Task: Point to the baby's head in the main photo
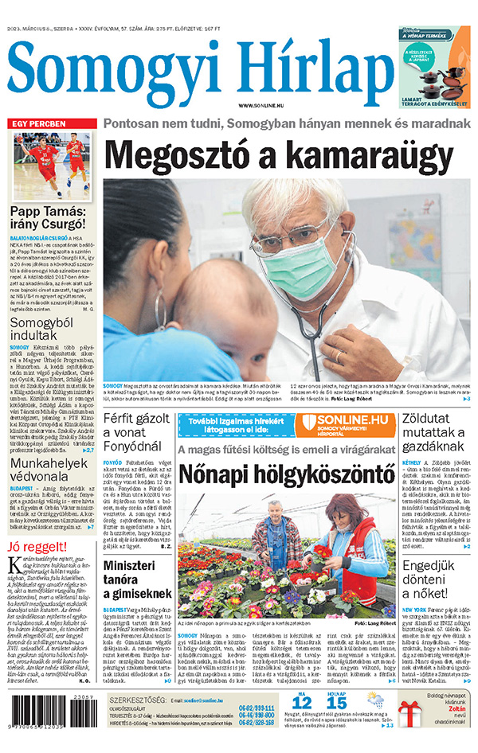click(x=223, y=318)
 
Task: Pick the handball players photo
click(x=52, y=166)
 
